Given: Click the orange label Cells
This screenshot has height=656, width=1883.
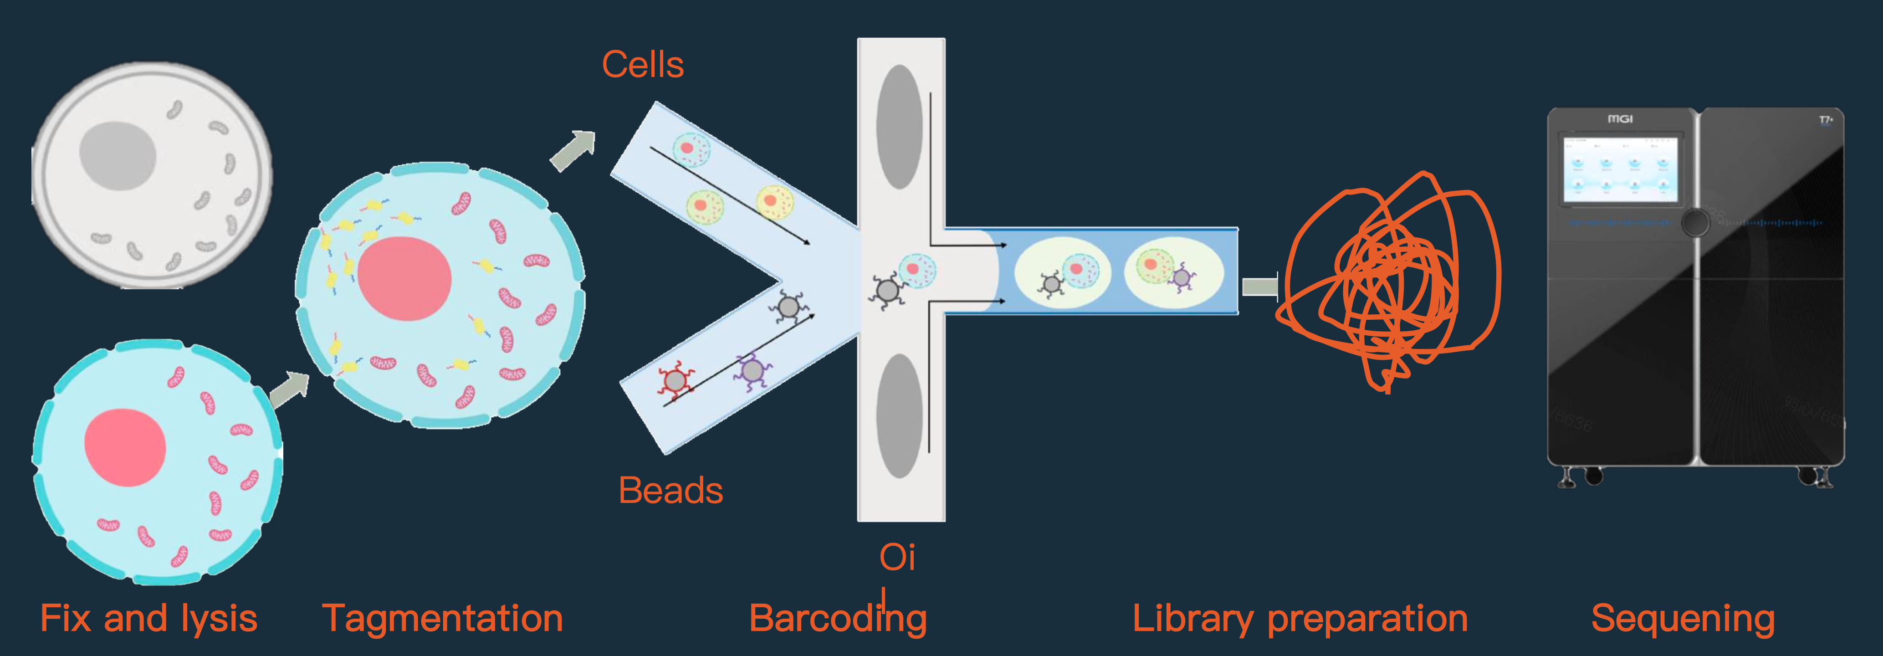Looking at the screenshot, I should pos(643,65).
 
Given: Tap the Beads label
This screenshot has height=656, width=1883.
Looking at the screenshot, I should pos(670,490).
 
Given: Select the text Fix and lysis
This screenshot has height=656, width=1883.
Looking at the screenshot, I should pos(148,619).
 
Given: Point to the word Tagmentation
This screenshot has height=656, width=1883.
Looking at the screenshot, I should pos(442,619).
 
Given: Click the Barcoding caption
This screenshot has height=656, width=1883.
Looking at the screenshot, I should pos(838,619).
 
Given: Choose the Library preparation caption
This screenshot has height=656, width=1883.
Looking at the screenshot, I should pos(1300,619).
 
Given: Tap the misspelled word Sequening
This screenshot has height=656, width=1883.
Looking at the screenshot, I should pos(1683,619).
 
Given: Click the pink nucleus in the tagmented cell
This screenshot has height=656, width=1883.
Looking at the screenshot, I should pos(404,278).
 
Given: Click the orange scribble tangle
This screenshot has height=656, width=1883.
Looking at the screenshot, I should pos(1385,282).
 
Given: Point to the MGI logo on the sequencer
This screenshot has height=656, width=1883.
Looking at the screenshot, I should pos(1620,118).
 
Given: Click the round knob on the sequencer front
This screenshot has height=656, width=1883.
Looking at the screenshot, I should pos(1694,222).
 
